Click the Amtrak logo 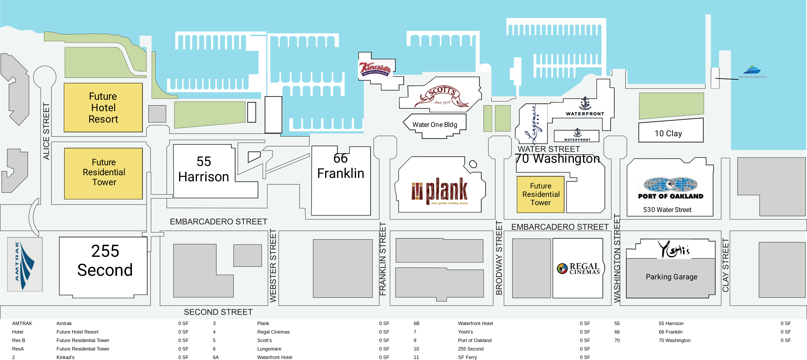(25, 265)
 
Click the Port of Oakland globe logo (670, 185)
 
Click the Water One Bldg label (434, 125)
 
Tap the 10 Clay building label (668, 133)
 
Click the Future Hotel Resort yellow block (103, 107)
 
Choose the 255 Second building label (105, 261)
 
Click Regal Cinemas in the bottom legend (273, 332)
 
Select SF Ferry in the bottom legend (467, 357)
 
